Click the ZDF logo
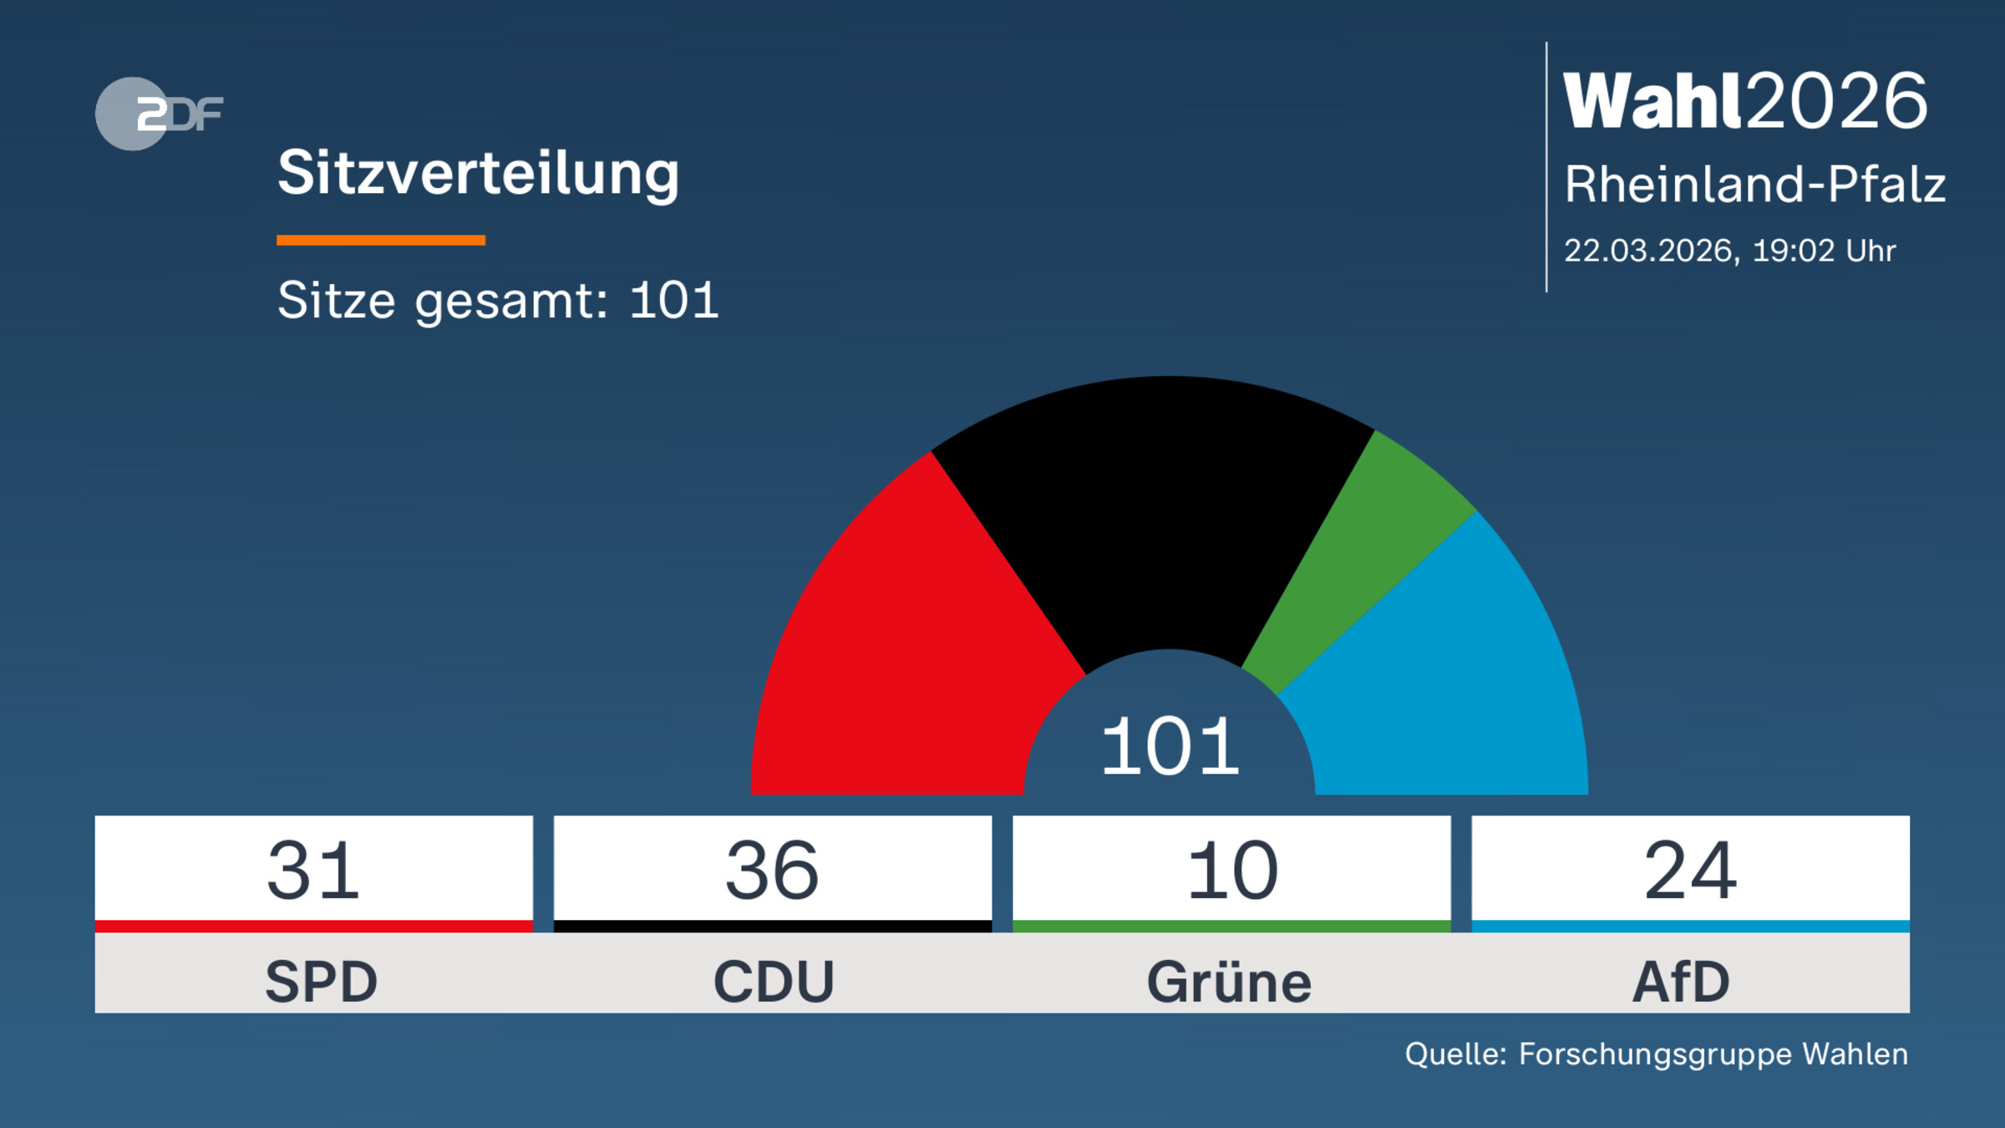(x=159, y=114)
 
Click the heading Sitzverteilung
(x=478, y=174)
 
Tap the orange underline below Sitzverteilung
(x=381, y=241)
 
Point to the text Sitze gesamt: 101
(x=498, y=300)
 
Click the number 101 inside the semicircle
(x=1170, y=746)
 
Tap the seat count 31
(x=314, y=871)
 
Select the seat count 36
(x=773, y=871)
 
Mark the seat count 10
(x=1232, y=871)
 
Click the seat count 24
(x=1691, y=871)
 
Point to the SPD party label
(x=321, y=982)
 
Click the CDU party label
(x=774, y=982)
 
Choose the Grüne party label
(x=1229, y=982)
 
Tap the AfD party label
(x=1681, y=982)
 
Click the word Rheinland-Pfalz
(x=1754, y=184)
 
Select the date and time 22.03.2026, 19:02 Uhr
(x=1729, y=251)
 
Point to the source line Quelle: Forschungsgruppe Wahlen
(x=1656, y=1054)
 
